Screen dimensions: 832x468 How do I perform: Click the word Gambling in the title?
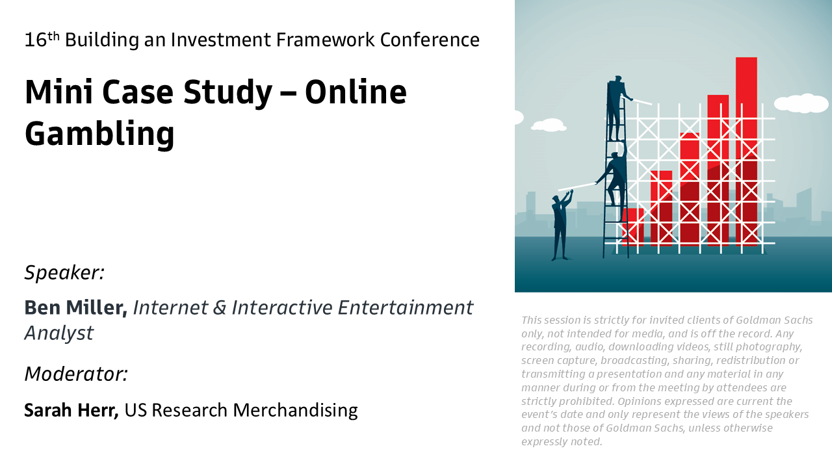tap(99, 135)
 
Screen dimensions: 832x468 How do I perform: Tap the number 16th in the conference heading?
tap(42, 40)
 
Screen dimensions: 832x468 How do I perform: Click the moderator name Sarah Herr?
tap(71, 410)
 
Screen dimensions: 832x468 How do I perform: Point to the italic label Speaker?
tap(64, 273)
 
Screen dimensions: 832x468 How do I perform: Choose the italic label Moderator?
tap(76, 374)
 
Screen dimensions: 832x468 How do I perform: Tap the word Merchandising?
tap(295, 411)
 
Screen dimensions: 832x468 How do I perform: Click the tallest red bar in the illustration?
tap(746, 151)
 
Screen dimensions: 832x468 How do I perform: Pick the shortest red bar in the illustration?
tap(633, 227)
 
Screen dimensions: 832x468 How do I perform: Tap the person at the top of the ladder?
tap(617, 108)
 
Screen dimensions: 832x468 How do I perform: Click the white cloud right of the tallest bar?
tap(803, 103)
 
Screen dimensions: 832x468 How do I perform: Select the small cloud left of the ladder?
tap(549, 125)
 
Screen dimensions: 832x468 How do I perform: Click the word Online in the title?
tap(356, 92)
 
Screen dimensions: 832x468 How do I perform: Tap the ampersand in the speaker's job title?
tap(220, 308)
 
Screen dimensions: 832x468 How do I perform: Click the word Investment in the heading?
tap(220, 40)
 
